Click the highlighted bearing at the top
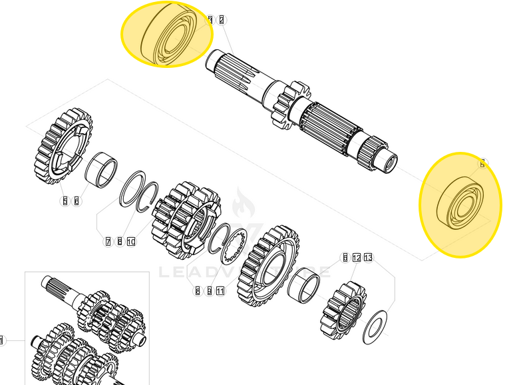(167, 35)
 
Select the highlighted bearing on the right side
(460, 204)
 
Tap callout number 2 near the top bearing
(222, 20)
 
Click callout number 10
(131, 241)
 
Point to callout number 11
(220, 291)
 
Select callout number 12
(357, 258)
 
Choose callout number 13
(369, 258)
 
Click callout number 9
(209, 291)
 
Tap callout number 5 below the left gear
(65, 200)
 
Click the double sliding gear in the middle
(184, 219)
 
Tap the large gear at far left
(62, 147)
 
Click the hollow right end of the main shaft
(387, 161)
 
